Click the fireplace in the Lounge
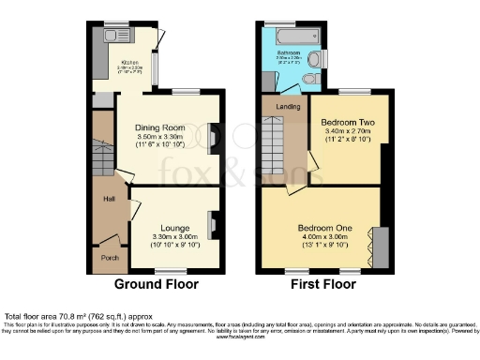[212, 226]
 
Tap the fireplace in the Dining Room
[215, 138]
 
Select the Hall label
[110, 200]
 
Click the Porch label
[110, 256]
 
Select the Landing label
[287, 108]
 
